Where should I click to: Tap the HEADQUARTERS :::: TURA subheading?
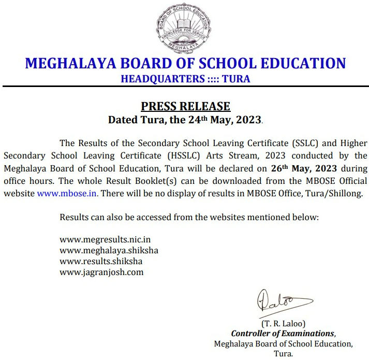pos(185,79)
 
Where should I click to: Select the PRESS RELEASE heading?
pos(185,106)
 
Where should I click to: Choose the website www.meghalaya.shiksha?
pos(109,251)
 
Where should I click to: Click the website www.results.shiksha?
pos(101,261)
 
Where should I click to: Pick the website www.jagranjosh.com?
pos(101,271)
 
